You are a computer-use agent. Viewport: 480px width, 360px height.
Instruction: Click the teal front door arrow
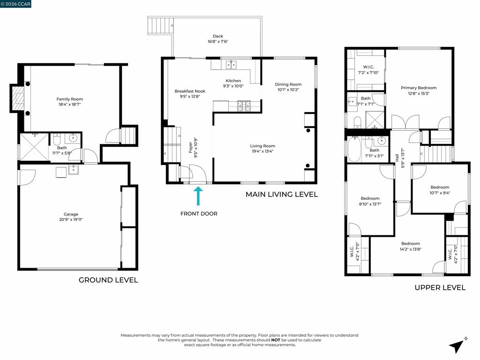198,196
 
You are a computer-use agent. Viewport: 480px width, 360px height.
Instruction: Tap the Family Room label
70,99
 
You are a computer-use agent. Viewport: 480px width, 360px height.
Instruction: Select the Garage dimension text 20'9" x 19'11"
71,219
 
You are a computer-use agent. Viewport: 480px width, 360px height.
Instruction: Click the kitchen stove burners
244,106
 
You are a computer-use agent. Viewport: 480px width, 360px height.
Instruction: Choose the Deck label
218,36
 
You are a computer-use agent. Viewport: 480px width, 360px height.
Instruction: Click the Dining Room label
288,84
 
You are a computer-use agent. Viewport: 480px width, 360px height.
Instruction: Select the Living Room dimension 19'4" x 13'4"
262,151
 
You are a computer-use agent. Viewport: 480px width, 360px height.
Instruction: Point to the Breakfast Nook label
190,91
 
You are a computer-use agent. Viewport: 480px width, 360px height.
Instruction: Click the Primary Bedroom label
419,88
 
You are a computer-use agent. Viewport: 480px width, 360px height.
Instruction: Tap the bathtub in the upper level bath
354,149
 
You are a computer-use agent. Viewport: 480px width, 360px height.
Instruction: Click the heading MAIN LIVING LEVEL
282,195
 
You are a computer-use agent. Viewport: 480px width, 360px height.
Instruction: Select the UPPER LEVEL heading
440,287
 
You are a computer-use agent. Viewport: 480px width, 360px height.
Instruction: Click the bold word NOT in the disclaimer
276,340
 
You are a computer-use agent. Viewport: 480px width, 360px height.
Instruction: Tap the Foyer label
190,148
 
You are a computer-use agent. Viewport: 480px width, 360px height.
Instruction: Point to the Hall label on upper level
397,158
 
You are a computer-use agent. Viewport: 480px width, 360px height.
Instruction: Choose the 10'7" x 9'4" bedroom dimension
440,193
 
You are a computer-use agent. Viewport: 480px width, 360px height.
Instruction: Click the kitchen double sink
231,65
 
